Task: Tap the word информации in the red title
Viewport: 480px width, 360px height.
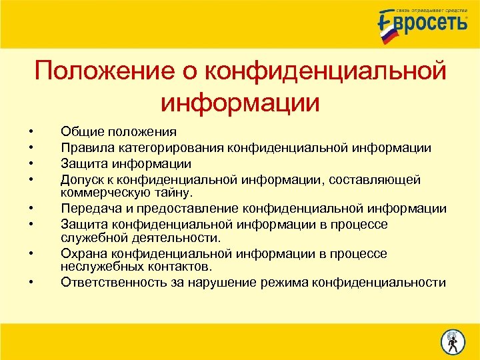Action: click(x=240, y=103)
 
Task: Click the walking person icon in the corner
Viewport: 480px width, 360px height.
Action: click(x=452, y=341)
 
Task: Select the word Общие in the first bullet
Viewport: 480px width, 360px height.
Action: click(x=79, y=132)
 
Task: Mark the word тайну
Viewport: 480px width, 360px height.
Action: click(x=173, y=193)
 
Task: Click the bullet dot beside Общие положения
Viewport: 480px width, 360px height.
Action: click(x=31, y=132)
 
